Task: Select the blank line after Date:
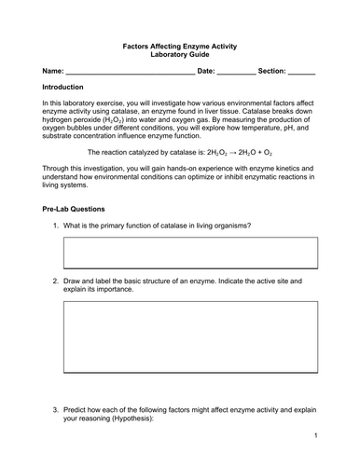[236, 72]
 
